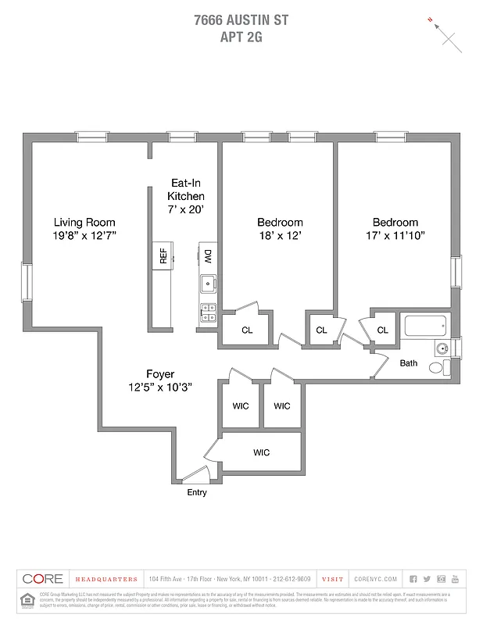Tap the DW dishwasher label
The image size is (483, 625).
pyautogui.click(x=208, y=256)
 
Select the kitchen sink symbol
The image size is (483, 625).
pyautogui.click(x=208, y=283)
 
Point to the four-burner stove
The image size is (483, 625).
pyautogui.click(x=208, y=312)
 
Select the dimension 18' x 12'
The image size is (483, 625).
pyautogui.click(x=280, y=235)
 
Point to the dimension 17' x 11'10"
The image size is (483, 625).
pyautogui.click(x=395, y=235)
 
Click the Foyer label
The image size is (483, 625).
pyautogui.click(x=160, y=373)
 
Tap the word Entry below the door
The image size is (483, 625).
pyautogui.click(x=197, y=493)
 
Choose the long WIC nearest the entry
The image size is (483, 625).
pyautogui.click(x=261, y=452)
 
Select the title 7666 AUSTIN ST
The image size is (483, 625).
pyautogui.click(x=241, y=20)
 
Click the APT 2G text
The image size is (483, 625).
pyautogui.click(x=241, y=36)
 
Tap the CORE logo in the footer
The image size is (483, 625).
pyautogui.click(x=42, y=579)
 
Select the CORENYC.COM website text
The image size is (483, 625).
pyautogui.click(x=376, y=579)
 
